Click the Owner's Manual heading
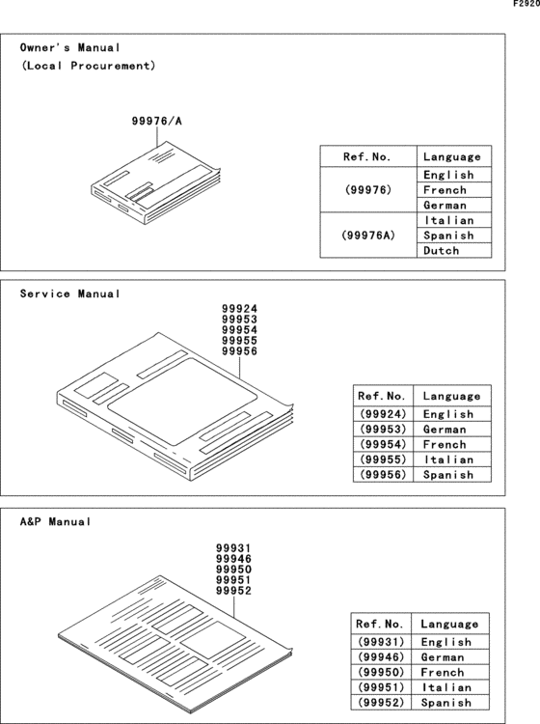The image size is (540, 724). tap(70, 47)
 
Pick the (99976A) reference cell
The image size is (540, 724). tap(367, 236)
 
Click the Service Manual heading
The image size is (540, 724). tap(70, 293)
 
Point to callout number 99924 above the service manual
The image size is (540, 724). tap(239, 309)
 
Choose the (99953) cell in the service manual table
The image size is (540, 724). tap(386, 429)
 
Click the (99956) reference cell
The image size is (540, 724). tap(386, 475)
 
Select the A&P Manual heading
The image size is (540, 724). tap(56, 521)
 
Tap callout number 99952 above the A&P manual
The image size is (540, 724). tap(233, 591)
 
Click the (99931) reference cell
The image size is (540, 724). tap(381, 642)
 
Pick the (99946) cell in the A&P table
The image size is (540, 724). tap(381, 657)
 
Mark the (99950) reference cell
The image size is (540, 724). tap(381, 672)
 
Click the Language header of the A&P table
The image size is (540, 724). tap(448, 624)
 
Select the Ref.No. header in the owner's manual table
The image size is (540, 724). tap(367, 156)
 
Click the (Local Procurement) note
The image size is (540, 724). tap(88, 67)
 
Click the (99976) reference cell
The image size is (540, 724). tap(367, 190)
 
